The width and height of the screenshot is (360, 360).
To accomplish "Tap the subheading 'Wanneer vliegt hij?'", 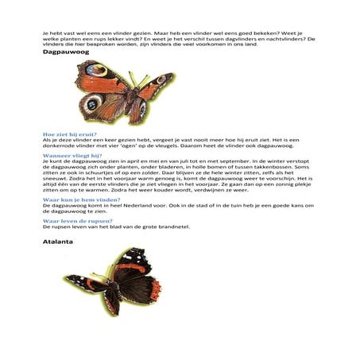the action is pyautogui.click(x=68, y=155).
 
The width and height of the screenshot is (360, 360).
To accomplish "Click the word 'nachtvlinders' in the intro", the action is pyautogui.click(x=286, y=39).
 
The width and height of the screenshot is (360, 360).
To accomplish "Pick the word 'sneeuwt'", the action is pyautogui.click(x=55, y=180).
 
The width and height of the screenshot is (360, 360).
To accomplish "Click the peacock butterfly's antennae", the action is pyautogui.click(x=135, y=77).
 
